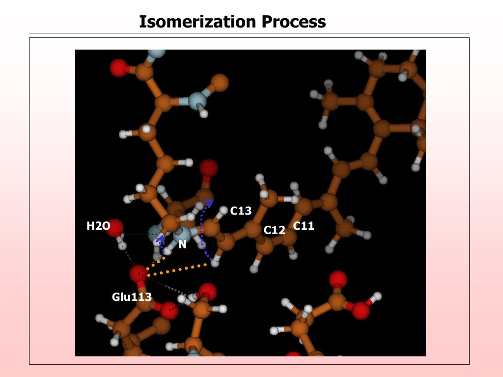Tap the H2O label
[x=98, y=226]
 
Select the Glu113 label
[x=132, y=297]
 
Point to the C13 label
[x=241, y=211]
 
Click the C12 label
[x=274, y=230]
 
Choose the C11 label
[x=304, y=226]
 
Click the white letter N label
[x=182, y=244]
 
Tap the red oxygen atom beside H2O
[x=114, y=227]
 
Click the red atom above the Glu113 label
[x=139, y=273]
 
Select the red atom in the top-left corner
[x=118, y=68]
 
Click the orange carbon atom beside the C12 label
[x=265, y=245]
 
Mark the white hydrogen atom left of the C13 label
[x=224, y=210]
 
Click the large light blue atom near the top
[x=197, y=100]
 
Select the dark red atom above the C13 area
[x=209, y=168]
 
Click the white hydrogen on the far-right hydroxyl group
[x=377, y=296]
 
